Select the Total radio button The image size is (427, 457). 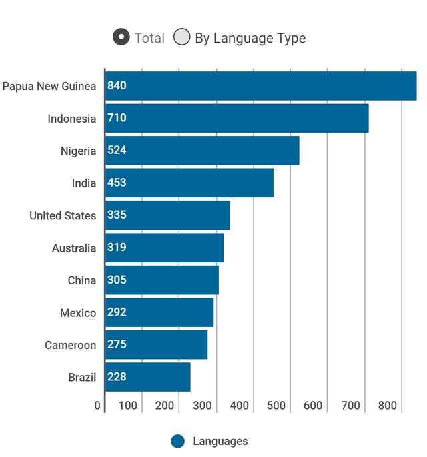[x=121, y=37]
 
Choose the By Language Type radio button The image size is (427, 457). [x=182, y=37]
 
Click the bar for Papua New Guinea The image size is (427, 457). [x=261, y=86]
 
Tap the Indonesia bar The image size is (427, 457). [x=237, y=118]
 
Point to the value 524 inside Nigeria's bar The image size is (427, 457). [x=117, y=150]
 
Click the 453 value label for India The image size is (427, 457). [x=117, y=183]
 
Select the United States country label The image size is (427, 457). [x=63, y=215]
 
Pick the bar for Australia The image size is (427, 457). [x=165, y=248]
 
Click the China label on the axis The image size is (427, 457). [x=82, y=280]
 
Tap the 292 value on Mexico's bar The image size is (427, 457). [x=117, y=312]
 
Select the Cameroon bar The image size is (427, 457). [x=157, y=344]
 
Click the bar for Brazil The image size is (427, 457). [x=148, y=377]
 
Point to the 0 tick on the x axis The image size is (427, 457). [x=97, y=406]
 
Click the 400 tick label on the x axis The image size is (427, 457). [x=240, y=406]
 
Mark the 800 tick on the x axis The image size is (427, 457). [x=388, y=406]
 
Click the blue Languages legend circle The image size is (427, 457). [x=177, y=441]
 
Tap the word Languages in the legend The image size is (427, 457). [x=220, y=441]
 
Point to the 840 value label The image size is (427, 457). [x=117, y=85]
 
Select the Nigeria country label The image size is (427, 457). [x=79, y=151]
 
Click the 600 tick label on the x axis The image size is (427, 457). [x=313, y=406]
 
